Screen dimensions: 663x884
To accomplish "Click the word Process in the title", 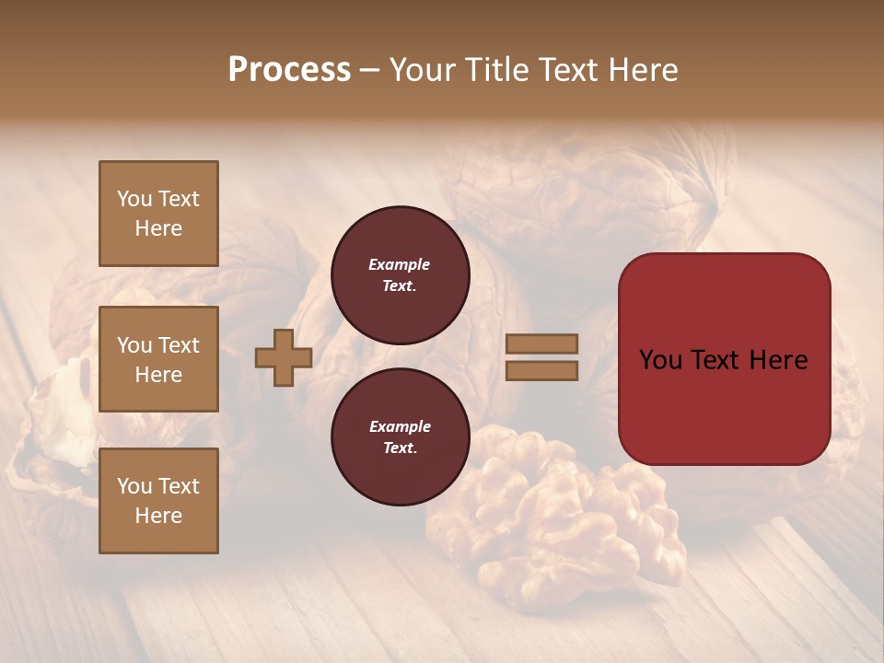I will tap(289, 70).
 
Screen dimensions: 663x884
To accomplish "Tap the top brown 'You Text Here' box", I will tap(158, 214).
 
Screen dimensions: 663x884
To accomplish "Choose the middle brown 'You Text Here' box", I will tap(158, 359).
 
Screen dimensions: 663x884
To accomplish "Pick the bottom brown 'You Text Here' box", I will tap(158, 501).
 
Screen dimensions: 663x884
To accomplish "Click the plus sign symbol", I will tap(284, 357).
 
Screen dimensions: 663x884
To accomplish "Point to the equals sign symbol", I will tap(541, 357).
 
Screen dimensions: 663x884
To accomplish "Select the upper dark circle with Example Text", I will tap(400, 275).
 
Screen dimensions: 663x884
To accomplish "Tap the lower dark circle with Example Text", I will tap(400, 437).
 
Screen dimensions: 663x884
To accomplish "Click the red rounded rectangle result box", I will tap(724, 358).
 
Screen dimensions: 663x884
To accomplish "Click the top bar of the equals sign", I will tap(541, 344).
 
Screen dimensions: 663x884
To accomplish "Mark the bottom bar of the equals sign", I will tap(541, 370).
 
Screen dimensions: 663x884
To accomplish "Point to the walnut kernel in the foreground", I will tap(552, 516).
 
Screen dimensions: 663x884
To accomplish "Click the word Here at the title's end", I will tap(645, 70).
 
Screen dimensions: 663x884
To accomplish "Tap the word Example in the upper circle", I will tap(400, 264).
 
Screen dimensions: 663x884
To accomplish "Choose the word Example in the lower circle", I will tap(400, 426).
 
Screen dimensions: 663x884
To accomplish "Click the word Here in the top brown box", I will tap(158, 228).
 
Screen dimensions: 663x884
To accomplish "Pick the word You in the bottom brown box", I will tap(134, 486).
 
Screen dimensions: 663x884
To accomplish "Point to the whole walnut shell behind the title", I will tap(589, 193).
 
